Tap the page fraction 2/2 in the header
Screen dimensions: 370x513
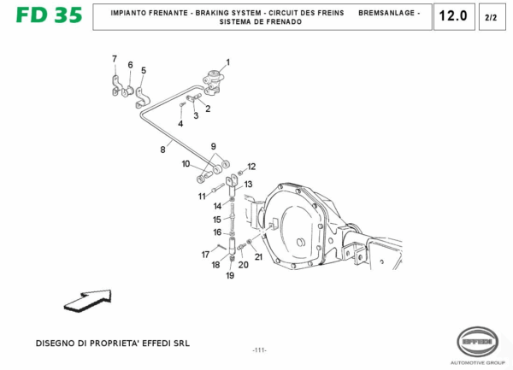490,17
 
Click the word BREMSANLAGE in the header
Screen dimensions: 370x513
388,13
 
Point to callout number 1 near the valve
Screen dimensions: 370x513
228,62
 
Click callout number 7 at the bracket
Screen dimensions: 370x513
114,58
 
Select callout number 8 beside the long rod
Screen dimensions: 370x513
162,150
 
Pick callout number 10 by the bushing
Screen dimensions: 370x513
186,163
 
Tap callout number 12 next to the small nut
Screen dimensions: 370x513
251,167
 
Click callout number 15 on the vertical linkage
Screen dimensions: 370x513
217,220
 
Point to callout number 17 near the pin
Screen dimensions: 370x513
205,255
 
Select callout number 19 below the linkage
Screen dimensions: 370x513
230,275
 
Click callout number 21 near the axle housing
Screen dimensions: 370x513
258,256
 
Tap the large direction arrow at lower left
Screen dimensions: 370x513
88,302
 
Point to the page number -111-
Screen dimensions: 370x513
259,351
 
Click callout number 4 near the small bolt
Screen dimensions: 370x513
180,124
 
